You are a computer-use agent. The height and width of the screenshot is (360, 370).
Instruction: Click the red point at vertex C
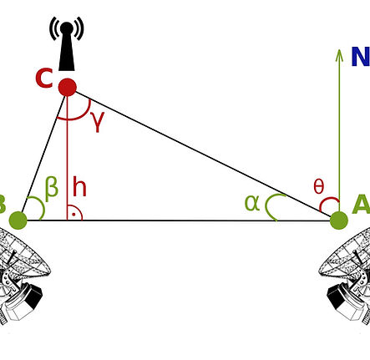(x=67, y=87)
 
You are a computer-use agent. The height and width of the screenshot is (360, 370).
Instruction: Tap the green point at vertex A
(x=338, y=221)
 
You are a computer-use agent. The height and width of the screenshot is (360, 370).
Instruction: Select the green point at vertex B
(x=18, y=221)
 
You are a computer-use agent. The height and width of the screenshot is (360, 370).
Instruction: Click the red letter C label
(x=44, y=79)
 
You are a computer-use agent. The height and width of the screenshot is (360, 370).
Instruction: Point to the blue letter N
(x=360, y=58)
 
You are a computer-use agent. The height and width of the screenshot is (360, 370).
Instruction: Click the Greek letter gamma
(x=98, y=122)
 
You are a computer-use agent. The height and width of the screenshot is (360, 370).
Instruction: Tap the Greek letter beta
(x=52, y=188)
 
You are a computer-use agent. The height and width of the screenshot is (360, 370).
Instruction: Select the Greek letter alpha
(x=252, y=202)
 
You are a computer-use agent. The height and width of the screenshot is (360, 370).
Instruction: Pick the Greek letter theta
(x=318, y=187)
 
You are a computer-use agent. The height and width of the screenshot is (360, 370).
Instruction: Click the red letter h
(x=79, y=187)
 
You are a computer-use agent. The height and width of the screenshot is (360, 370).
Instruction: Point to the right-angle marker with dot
(x=74, y=213)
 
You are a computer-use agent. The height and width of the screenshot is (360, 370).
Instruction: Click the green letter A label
(x=362, y=205)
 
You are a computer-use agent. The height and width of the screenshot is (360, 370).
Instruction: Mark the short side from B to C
(x=42, y=155)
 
